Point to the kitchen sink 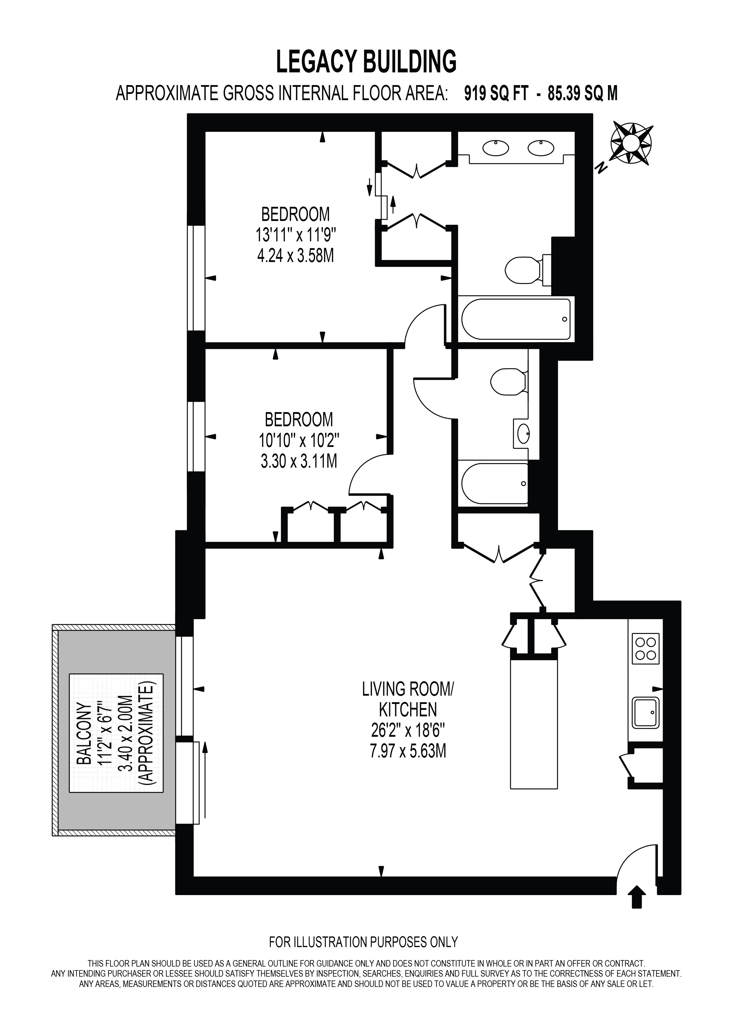coord(646,713)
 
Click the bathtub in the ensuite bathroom coord(516,319)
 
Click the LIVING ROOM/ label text coord(408,689)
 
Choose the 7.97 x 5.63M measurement coord(408,751)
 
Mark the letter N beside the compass coord(601,169)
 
